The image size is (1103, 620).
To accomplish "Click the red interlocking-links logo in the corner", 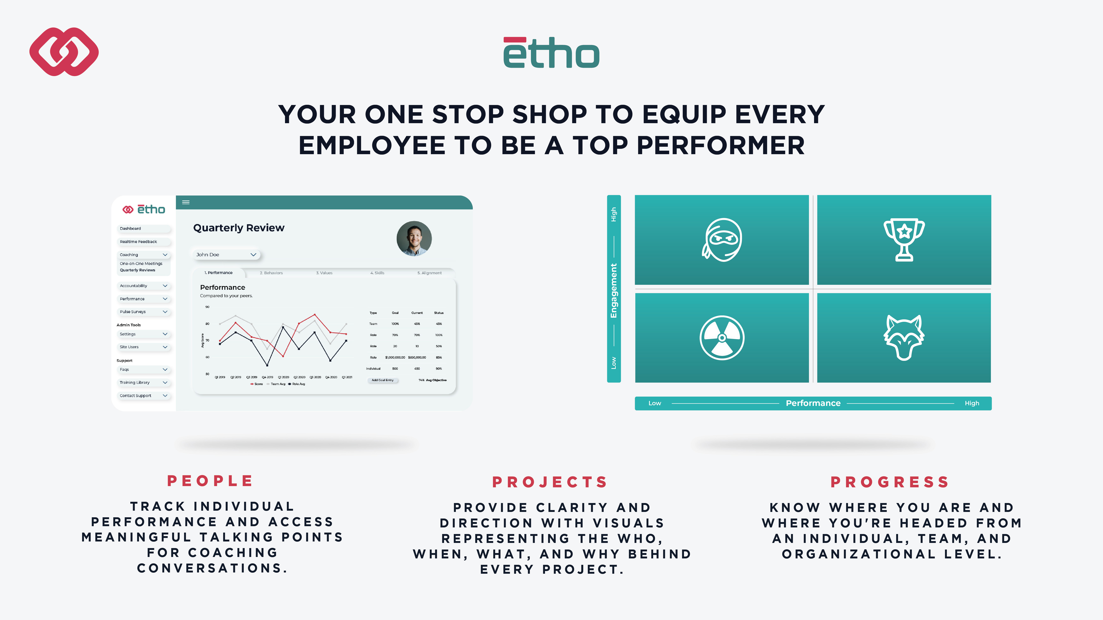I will (64, 52).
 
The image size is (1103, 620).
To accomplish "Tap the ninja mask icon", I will (722, 240).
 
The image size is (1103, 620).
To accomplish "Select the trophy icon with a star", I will (904, 240).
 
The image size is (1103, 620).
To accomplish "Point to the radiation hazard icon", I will (722, 338).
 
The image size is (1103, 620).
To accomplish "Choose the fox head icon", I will (904, 338).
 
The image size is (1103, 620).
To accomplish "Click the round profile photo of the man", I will (414, 238).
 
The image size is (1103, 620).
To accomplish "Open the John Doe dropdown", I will (226, 255).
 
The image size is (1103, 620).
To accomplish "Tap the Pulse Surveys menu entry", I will (143, 312).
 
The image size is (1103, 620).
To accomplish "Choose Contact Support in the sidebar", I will (143, 396).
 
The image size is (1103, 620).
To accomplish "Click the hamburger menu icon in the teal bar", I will (186, 202).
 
